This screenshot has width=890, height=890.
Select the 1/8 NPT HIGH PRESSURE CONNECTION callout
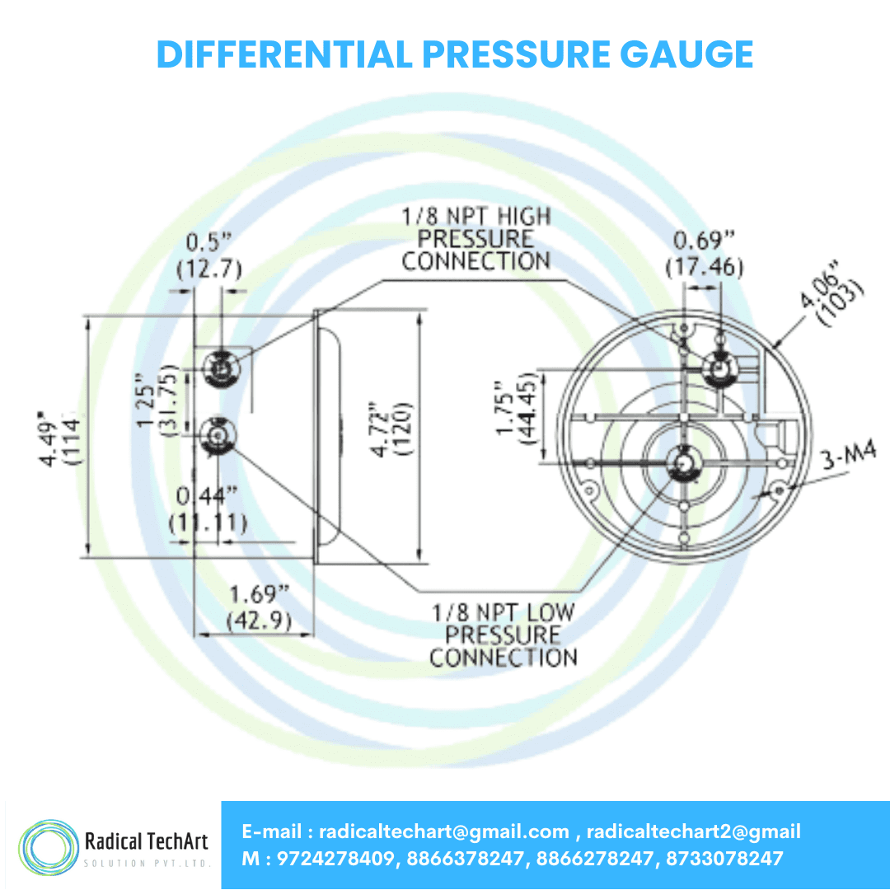click(475, 239)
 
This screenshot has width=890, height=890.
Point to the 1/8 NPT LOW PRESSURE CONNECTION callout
click(503, 635)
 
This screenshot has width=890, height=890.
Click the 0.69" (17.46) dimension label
click(704, 255)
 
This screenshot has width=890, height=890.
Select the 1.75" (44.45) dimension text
click(517, 410)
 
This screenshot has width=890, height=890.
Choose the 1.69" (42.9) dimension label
click(259, 607)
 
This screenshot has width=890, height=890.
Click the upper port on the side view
click(220, 364)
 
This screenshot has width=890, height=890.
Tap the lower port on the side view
click(218, 433)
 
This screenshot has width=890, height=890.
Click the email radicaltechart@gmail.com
click(444, 831)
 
